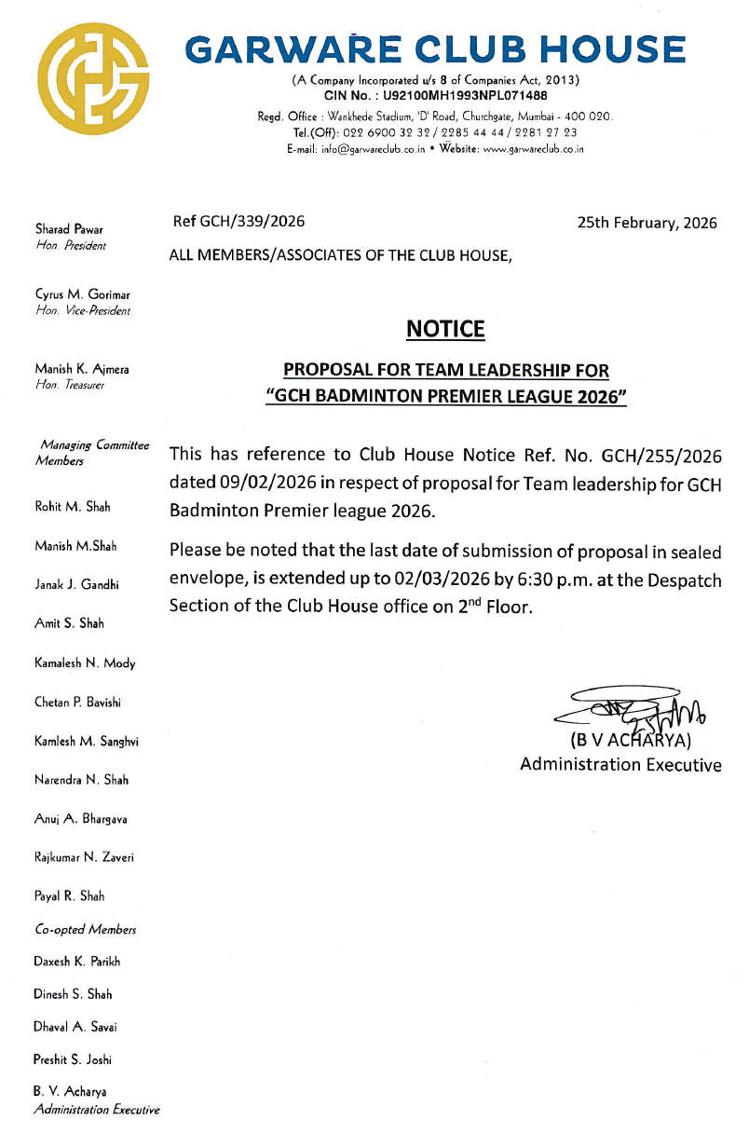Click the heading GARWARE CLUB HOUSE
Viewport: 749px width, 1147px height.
(436, 49)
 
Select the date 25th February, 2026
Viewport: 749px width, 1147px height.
(647, 223)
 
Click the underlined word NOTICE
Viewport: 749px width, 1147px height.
(445, 329)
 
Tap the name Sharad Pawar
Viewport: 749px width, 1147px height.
(69, 228)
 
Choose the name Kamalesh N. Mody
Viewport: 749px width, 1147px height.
(85, 663)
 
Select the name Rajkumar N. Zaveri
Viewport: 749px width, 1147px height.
(84, 857)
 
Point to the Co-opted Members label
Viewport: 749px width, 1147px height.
(85, 930)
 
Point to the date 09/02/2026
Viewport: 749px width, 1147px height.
(259, 484)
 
